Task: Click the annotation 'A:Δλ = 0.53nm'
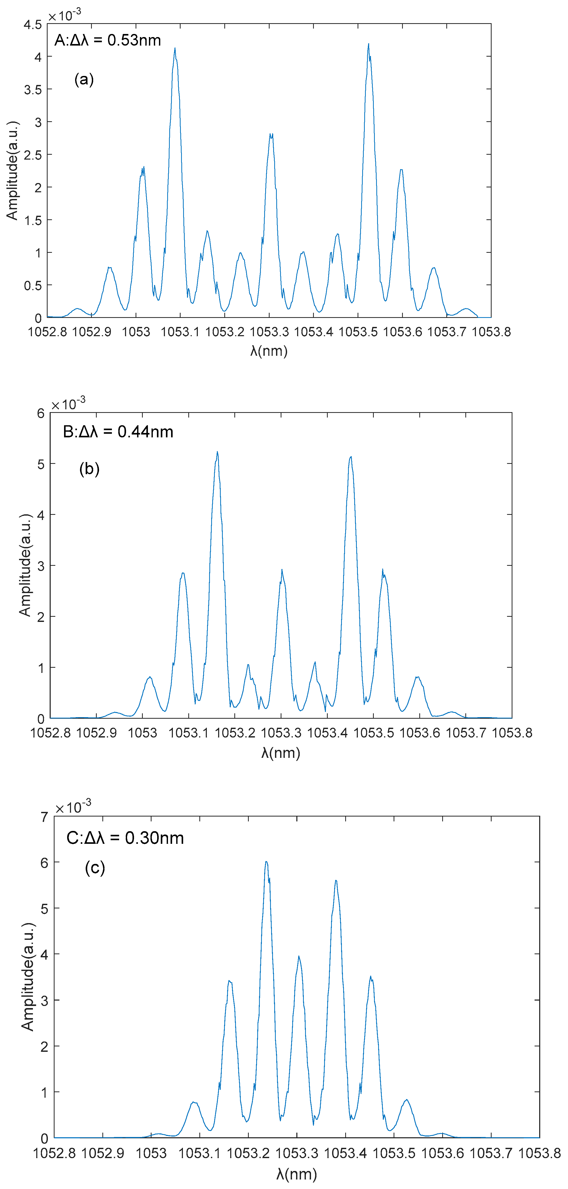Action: pos(108,41)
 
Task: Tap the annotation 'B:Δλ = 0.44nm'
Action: pos(118,432)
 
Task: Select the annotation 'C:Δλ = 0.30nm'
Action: pos(125,838)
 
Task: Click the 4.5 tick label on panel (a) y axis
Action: pos(33,24)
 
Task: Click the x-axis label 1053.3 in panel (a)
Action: pos(269,332)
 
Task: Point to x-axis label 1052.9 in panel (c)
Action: pos(102,1153)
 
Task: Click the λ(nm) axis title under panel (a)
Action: pos(269,351)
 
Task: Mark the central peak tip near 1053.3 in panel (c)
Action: pos(299,956)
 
